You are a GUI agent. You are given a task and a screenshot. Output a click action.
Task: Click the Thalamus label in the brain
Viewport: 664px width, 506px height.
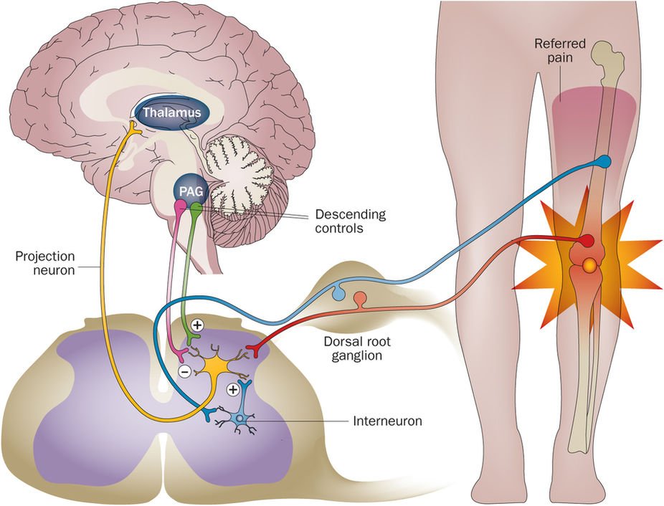(x=171, y=113)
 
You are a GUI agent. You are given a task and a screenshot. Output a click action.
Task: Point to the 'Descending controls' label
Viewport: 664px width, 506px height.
(x=349, y=221)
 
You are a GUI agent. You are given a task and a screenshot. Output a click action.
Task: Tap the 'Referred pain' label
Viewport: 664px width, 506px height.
(x=560, y=51)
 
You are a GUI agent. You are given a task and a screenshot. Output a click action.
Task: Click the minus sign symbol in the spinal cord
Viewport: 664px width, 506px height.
(x=184, y=371)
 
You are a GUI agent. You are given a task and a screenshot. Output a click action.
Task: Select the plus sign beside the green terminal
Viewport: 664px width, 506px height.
(x=197, y=325)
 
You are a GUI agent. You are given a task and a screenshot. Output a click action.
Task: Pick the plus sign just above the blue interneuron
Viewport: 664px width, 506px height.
(x=232, y=390)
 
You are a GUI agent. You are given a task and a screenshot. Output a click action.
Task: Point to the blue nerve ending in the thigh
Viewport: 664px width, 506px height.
(x=606, y=161)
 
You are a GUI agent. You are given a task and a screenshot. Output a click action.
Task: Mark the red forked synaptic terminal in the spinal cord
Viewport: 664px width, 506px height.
(x=253, y=350)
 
